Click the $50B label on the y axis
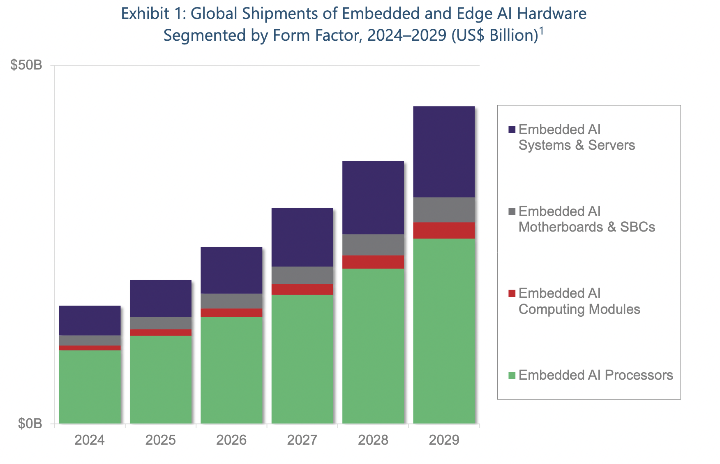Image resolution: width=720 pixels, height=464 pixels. click(x=26, y=65)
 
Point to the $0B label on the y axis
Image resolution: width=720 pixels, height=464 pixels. click(x=30, y=424)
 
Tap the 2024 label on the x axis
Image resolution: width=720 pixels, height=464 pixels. click(x=90, y=440)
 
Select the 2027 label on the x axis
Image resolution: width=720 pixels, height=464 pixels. click(x=302, y=440)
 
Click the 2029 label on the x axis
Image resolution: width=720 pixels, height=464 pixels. click(x=444, y=440)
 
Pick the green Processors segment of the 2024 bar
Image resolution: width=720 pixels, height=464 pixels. click(x=90, y=387)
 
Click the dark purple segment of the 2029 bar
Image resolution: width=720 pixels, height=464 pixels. click(x=444, y=151)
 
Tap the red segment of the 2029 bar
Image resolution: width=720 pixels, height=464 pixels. click(x=444, y=230)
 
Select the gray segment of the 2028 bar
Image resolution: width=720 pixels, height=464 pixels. click(x=373, y=245)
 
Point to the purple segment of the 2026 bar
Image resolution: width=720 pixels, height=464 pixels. click(x=231, y=270)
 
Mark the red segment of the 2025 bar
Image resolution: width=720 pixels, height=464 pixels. click(x=161, y=332)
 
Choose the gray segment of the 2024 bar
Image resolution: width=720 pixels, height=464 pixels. click(x=90, y=340)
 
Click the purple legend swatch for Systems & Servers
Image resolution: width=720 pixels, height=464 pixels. click(x=512, y=130)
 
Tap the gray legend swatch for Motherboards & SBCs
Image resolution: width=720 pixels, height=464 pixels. click(x=512, y=211)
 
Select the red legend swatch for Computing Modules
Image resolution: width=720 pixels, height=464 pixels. click(x=512, y=293)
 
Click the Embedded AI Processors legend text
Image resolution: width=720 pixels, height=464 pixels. click(x=595, y=375)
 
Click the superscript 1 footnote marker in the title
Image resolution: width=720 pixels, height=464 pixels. click(x=541, y=31)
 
